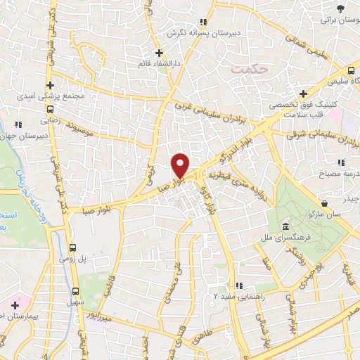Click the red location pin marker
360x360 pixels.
pos(181,166)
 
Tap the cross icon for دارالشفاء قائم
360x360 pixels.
pos(160,53)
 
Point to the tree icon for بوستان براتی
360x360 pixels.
pos(341,8)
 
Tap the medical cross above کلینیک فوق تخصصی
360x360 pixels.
pos(303,94)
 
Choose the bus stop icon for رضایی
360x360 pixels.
pos(49,110)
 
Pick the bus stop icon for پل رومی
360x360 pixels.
pos(75,247)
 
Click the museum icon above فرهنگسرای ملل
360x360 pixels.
pos(285,226)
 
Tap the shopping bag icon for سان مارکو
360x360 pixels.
pos(309,213)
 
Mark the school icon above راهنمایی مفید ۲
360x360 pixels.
pos(239,285)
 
